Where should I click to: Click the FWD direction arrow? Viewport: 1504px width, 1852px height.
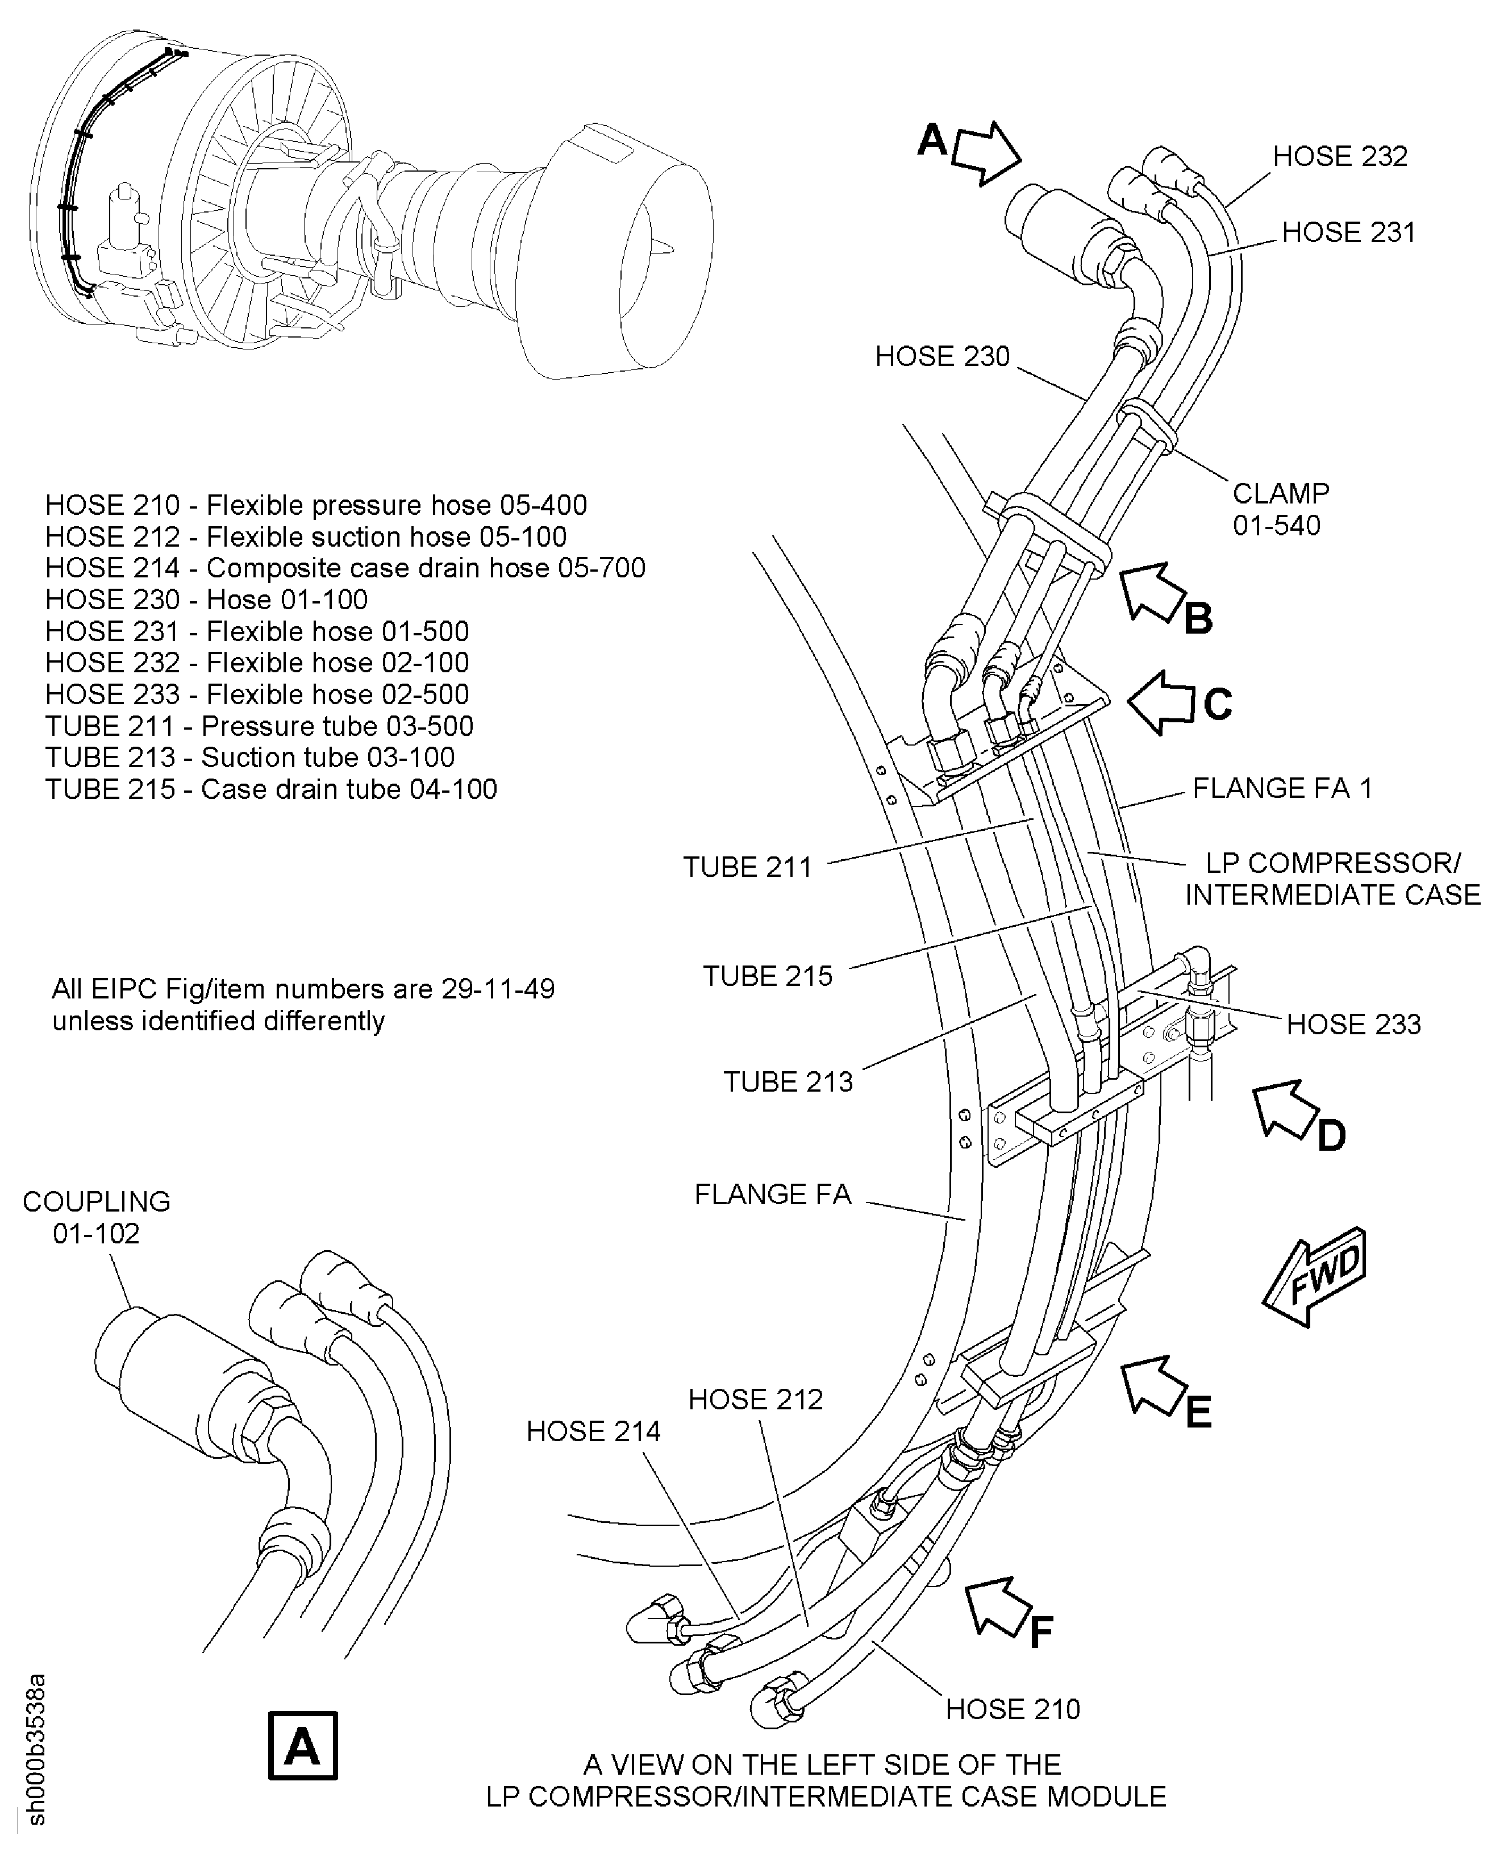point(1314,1276)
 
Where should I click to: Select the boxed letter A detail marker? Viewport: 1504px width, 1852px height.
point(302,1745)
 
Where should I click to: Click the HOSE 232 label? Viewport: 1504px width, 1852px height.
point(1339,157)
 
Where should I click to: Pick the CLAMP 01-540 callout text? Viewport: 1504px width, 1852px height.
point(1280,509)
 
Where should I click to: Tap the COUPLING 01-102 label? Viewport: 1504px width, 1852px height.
point(96,1217)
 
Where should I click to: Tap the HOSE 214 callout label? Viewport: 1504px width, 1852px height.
point(593,1431)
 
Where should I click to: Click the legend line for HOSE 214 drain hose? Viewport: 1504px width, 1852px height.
point(345,568)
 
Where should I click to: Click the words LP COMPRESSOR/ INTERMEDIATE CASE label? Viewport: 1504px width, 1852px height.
point(1332,879)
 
